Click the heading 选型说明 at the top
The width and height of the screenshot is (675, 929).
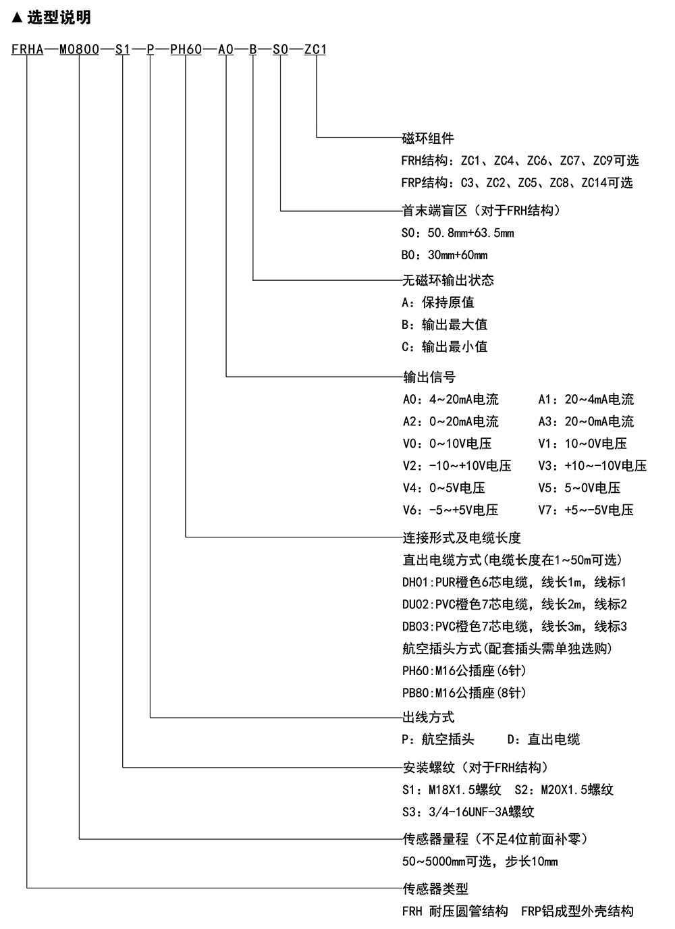coord(59,18)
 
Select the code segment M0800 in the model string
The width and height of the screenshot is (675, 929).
coord(79,49)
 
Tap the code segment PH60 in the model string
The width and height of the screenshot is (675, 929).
coord(186,49)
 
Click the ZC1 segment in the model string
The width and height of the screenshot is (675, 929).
coord(315,49)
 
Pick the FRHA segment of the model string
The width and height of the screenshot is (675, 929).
coord(28,49)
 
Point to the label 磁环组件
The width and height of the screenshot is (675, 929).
coord(428,138)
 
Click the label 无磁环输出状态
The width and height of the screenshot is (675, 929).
coord(448,280)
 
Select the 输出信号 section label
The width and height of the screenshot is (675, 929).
coord(429,377)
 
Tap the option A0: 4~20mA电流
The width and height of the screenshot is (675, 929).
coord(451,399)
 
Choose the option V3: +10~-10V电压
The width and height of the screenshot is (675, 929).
coord(593,465)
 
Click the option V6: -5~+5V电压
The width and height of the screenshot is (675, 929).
coord(451,510)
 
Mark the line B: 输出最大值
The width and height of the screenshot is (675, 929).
coord(444,324)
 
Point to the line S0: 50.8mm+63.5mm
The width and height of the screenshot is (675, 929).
coord(458,233)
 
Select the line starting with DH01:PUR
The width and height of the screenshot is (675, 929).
coord(514,582)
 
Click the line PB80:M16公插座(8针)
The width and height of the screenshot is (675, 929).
coord(464,692)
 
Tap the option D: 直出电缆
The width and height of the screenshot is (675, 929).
coord(543,739)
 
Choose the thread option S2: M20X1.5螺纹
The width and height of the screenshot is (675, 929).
coord(564,789)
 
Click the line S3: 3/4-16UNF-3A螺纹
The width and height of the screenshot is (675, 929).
coord(468,812)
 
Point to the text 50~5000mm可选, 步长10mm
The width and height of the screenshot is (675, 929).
coord(480,861)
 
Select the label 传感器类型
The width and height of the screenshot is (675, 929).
coord(436,888)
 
